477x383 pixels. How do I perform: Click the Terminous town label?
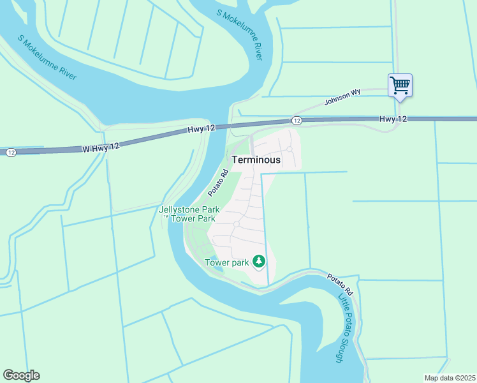pyautogui.click(x=256, y=160)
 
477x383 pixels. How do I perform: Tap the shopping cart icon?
pyautogui.click(x=400, y=84)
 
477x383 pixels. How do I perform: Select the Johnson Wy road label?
pyautogui.click(x=342, y=96)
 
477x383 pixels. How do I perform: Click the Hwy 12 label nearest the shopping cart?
pyautogui.click(x=393, y=119)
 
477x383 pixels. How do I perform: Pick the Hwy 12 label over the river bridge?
pyautogui.click(x=202, y=129)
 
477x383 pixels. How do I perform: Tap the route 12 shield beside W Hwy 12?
pyautogui.click(x=11, y=153)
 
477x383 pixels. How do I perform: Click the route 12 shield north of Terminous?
pyautogui.click(x=297, y=121)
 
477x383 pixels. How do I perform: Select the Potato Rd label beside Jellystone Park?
pyautogui.click(x=217, y=183)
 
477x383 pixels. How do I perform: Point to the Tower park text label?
pyautogui.click(x=226, y=262)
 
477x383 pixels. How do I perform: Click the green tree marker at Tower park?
pyautogui.click(x=258, y=260)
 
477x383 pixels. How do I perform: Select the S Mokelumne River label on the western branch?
pyautogui.click(x=47, y=57)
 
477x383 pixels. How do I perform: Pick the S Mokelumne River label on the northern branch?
pyautogui.click(x=239, y=35)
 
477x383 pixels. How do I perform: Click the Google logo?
pyautogui.click(x=21, y=375)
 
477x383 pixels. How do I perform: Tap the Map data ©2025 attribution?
pyautogui.click(x=450, y=378)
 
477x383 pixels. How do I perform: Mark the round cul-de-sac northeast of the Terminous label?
pyautogui.click(x=289, y=149)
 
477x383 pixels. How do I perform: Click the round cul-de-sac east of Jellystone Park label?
pyautogui.click(x=236, y=224)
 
